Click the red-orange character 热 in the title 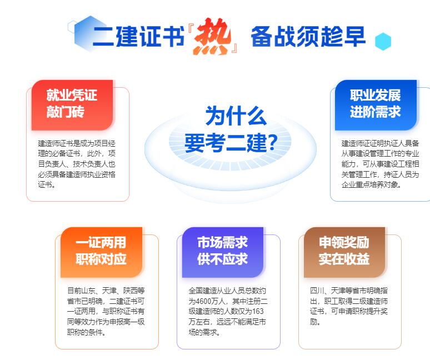tap(212, 37)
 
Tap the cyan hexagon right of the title tap(383, 42)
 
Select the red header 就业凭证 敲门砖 tap(72, 105)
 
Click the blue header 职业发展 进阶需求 tap(376, 105)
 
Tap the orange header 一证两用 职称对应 tap(102, 252)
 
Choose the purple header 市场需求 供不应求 tap(223, 252)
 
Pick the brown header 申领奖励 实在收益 tap(344, 252)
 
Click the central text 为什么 tap(236, 116)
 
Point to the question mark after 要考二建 tap(272, 142)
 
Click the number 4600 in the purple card tap(203, 301)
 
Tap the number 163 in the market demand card tap(258, 312)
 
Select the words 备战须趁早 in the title tap(308, 37)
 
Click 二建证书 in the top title tap(138, 37)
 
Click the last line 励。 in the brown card tap(315, 322)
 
